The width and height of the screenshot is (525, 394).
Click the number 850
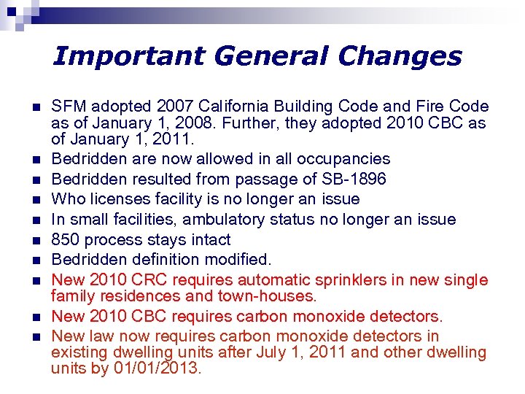pyautogui.click(x=65, y=239)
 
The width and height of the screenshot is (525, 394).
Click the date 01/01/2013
pyautogui.click(x=155, y=368)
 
